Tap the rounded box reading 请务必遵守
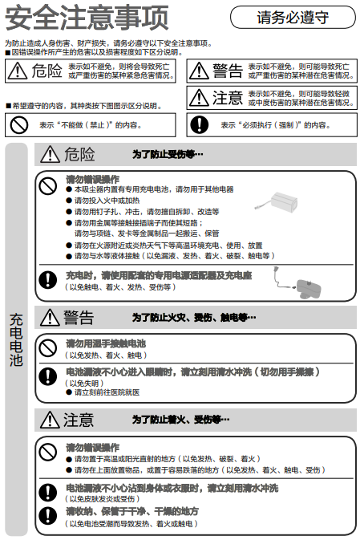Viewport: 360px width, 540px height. point(293,17)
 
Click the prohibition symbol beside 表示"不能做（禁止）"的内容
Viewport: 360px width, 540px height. point(16,124)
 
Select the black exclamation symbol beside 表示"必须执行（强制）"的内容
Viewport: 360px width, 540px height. point(198,124)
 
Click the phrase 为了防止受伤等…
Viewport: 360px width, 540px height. point(168,154)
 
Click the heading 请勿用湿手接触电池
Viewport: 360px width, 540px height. point(106,343)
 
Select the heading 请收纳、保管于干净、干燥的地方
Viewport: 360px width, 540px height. point(132,511)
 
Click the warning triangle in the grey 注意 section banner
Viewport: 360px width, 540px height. point(49,420)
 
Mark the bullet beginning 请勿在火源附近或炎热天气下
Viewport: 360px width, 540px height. point(168,245)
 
